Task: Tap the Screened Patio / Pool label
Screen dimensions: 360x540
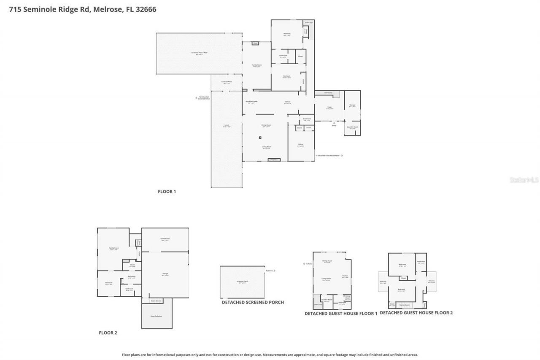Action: (x=200, y=53)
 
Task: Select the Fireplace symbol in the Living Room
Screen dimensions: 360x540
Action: (x=274, y=160)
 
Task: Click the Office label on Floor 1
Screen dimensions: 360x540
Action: (x=301, y=144)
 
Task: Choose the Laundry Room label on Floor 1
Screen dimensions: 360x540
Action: (x=352, y=127)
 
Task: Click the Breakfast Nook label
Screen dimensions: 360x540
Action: (x=252, y=102)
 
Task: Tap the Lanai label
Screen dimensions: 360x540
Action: (x=227, y=126)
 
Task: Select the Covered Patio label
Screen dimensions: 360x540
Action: (x=227, y=82)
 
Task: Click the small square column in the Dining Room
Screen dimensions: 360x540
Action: (x=260, y=138)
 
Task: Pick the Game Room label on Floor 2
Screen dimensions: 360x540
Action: (x=165, y=239)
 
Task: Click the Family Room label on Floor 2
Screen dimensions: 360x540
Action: (x=114, y=248)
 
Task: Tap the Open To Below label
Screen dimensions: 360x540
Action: (x=157, y=316)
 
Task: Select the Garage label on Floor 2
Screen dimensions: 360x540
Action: (x=165, y=274)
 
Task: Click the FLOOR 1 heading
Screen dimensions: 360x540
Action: (x=167, y=192)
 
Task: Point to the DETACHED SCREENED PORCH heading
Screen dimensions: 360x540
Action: (x=253, y=302)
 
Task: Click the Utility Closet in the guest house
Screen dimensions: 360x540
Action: (x=348, y=298)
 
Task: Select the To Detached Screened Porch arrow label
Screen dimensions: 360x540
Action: (x=204, y=98)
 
